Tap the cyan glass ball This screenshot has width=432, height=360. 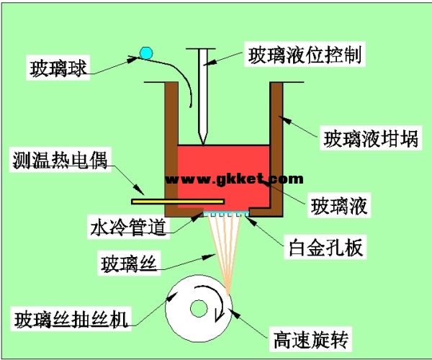coord(146,53)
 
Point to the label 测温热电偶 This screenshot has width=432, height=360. coord(60,159)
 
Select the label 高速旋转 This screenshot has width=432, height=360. coord(312,336)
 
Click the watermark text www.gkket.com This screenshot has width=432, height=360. coord(229,178)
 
